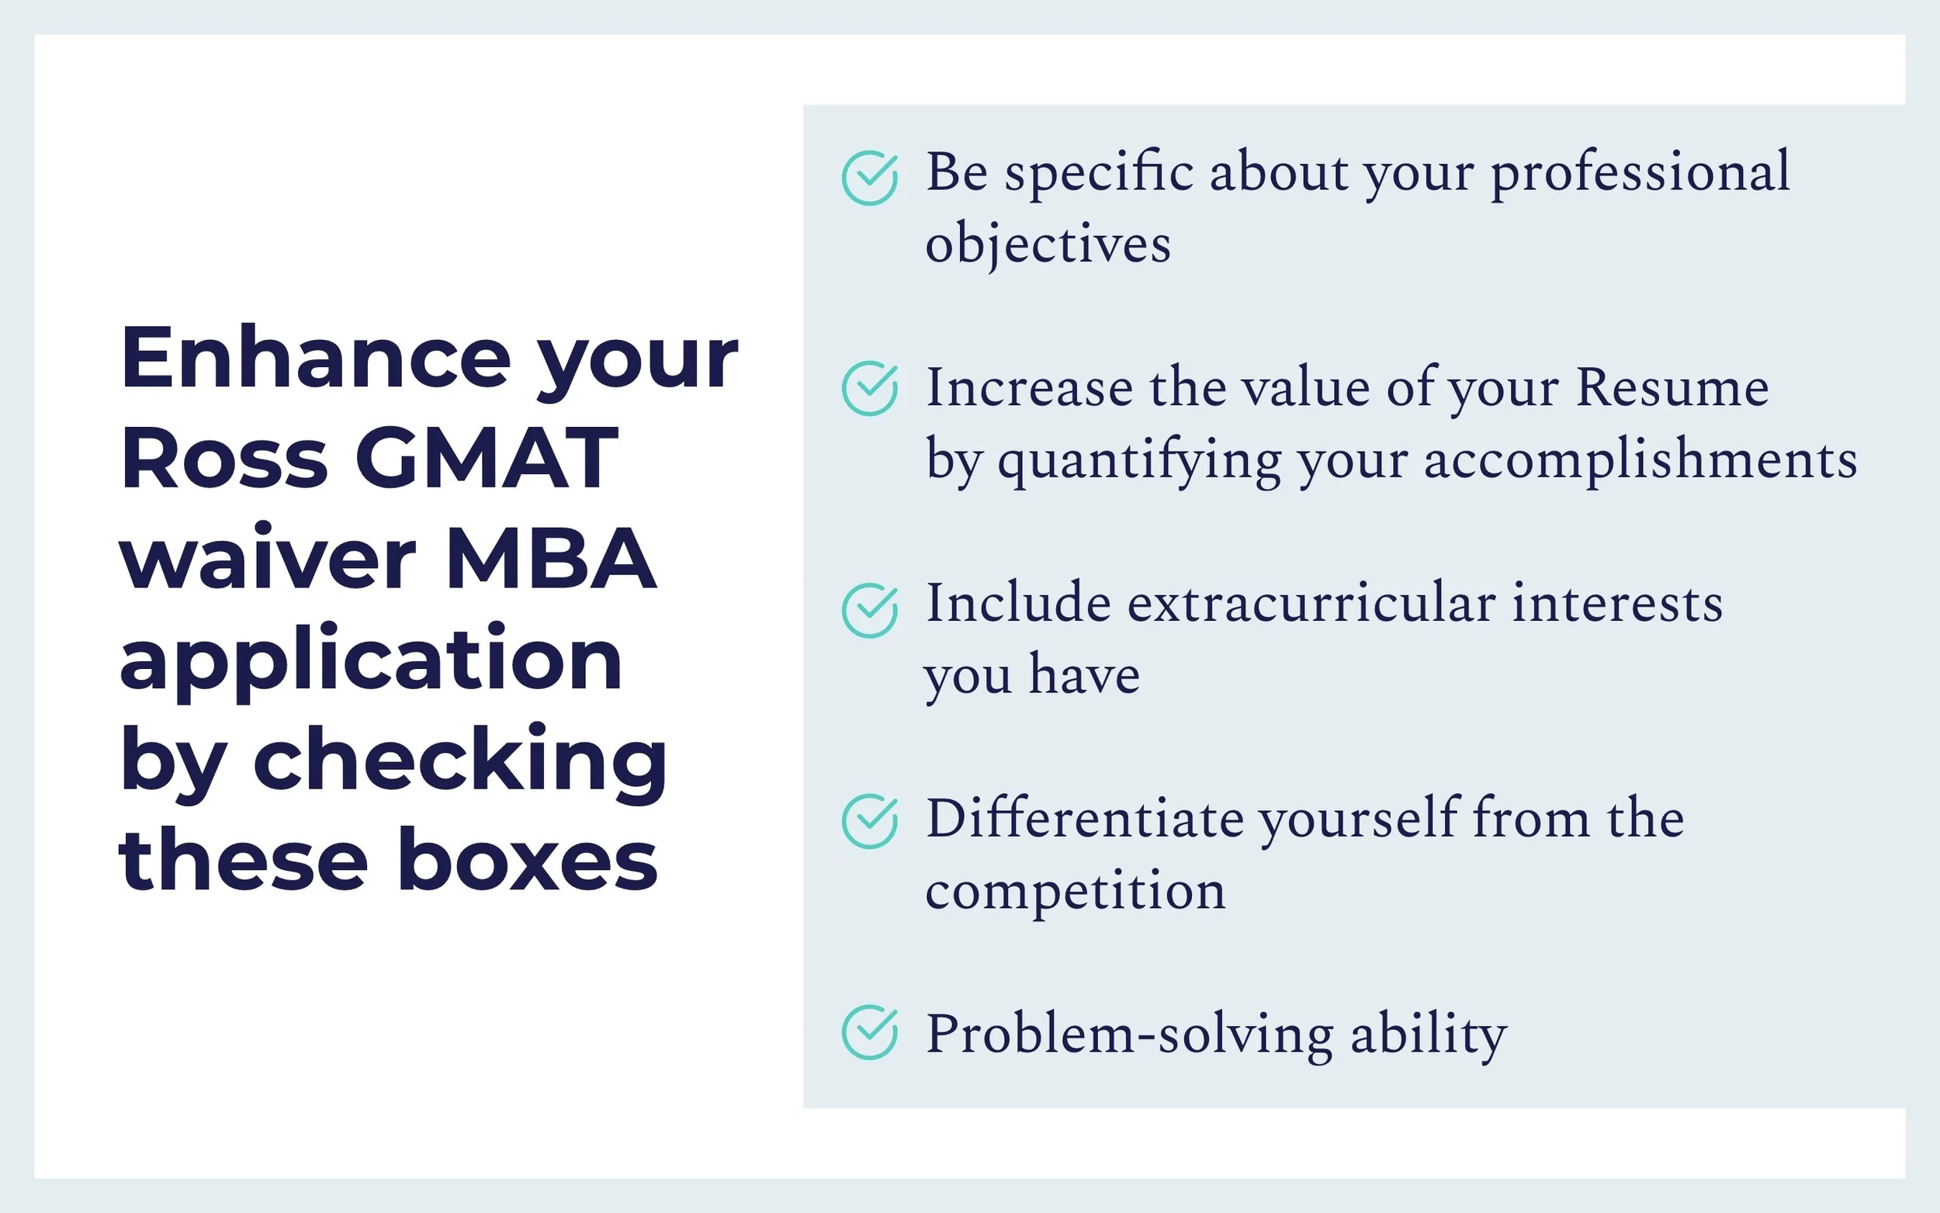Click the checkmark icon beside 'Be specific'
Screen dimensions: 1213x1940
point(869,178)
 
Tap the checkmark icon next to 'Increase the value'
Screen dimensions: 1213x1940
point(869,388)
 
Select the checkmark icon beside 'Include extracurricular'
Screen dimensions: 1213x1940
point(869,611)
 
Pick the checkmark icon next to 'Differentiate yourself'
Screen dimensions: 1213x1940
point(869,821)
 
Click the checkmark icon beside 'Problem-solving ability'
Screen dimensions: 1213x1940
point(869,1032)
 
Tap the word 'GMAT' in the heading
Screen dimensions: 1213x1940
point(487,458)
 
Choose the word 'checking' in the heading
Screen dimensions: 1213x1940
point(459,761)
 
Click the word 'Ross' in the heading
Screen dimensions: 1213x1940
point(224,458)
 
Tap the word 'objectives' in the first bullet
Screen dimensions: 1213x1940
point(1048,244)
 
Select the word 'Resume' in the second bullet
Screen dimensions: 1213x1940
point(1672,388)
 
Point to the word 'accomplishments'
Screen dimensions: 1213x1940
point(1640,460)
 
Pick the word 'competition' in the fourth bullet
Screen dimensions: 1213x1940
point(1075,890)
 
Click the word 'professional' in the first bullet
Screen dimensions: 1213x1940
point(1640,172)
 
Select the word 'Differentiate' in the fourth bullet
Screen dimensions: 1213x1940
point(1084,819)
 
